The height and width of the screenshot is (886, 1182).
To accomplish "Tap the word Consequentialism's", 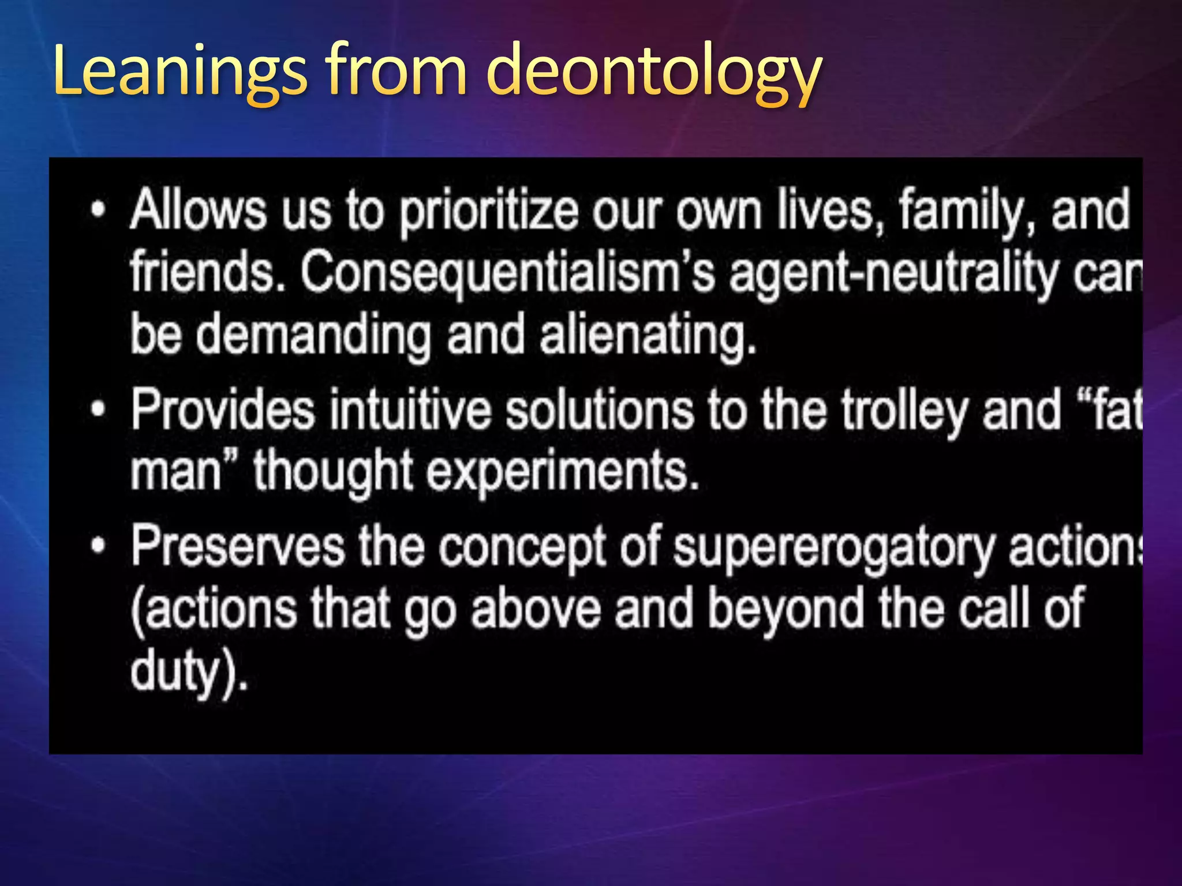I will click(508, 273).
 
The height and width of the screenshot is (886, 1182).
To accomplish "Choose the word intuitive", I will click(410, 410).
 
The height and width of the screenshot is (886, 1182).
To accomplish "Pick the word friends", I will click(208, 272).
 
